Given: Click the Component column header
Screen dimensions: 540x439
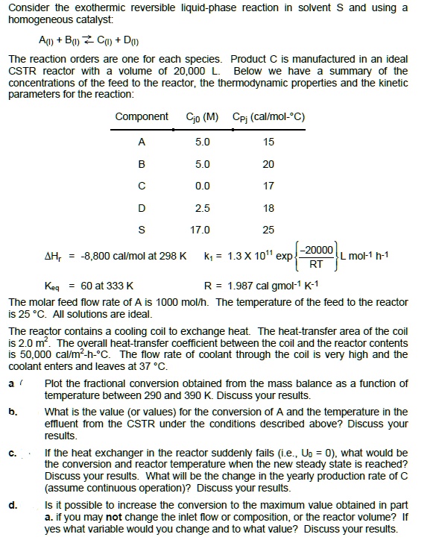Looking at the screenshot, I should point(142,116).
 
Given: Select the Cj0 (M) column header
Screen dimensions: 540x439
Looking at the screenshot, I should point(202,116).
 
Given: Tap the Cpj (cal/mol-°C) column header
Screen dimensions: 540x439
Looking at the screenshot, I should point(268,116).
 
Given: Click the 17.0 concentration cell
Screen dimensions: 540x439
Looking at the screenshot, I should point(202,230).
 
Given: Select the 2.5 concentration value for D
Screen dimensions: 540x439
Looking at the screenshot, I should point(202,207).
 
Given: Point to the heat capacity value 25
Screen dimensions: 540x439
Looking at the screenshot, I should point(268,230).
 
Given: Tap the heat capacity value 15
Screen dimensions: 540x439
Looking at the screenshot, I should point(268,142).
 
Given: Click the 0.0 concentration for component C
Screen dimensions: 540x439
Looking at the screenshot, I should point(202,186).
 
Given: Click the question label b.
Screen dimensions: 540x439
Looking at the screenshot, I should point(13,412).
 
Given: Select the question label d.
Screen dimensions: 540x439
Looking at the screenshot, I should point(13,505).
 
